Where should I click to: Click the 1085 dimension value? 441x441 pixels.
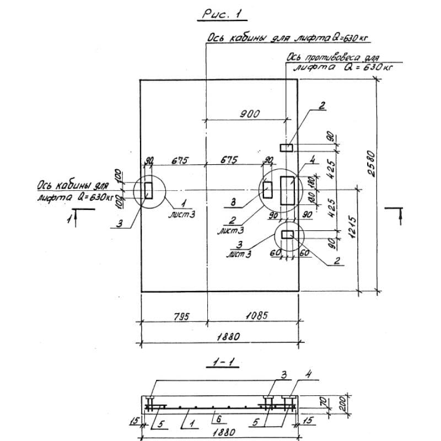[256, 316]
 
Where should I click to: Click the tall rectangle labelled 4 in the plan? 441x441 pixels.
[287, 190]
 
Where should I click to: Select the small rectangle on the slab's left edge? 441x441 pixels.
[149, 190]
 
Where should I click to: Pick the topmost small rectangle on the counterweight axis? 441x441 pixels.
[287, 147]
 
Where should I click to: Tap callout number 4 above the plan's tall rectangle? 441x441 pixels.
[311, 161]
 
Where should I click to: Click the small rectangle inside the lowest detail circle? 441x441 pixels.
[288, 235]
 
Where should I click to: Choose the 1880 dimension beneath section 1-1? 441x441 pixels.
[220, 432]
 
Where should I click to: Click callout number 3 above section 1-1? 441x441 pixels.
[284, 375]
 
